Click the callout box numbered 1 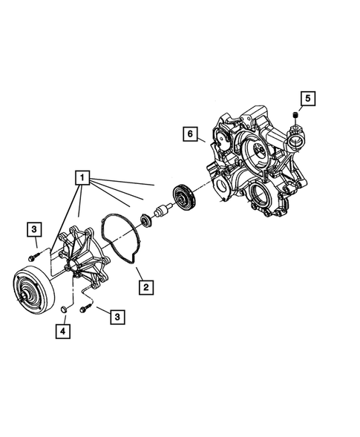[x=82, y=178]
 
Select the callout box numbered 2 [x=146, y=286]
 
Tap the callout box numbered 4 [x=63, y=332]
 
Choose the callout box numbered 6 [x=191, y=134]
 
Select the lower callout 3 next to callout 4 [x=117, y=317]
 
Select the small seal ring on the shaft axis [x=145, y=220]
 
